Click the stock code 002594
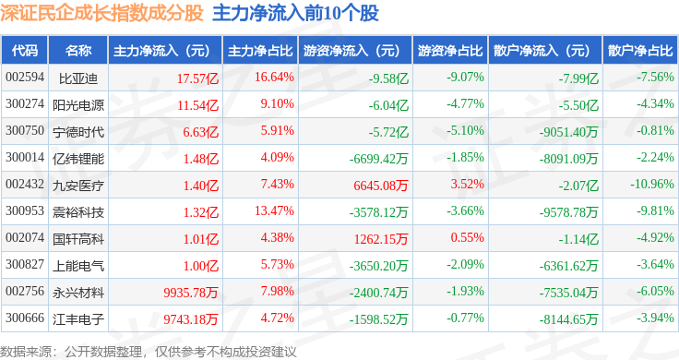(25, 78)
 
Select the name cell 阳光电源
(78, 105)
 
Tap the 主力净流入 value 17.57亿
(197, 78)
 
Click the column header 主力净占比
(260, 51)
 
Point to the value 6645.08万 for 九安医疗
(381, 186)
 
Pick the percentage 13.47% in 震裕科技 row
(274, 211)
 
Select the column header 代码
(25, 51)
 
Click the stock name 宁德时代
(78, 132)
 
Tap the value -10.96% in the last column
(652, 184)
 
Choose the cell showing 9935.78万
(191, 293)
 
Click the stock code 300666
(25, 318)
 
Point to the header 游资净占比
(450, 51)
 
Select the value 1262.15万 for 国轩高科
(381, 239)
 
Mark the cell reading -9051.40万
(568, 132)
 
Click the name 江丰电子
(78, 319)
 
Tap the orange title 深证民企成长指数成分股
(101, 13)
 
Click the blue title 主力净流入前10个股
(296, 13)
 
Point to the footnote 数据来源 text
(26, 352)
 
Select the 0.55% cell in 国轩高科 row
(467, 238)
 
